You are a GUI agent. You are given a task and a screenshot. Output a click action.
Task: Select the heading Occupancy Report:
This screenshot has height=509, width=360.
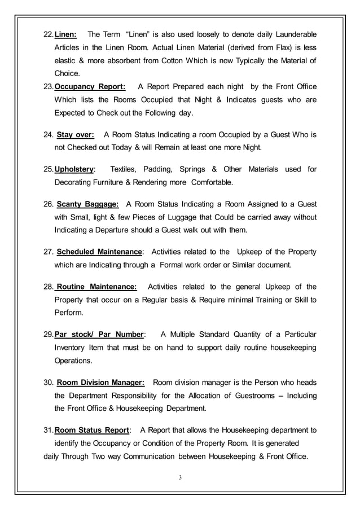click(x=90, y=86)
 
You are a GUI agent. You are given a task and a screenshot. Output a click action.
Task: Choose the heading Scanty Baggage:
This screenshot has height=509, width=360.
click(x=88, y=204)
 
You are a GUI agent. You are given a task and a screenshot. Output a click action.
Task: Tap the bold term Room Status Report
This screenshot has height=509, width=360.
click(x=92, y=430)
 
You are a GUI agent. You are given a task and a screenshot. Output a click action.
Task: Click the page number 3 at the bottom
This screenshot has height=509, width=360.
click(x=180, y=478)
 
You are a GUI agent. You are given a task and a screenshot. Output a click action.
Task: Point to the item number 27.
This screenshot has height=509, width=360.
click(x=48, y=252)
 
